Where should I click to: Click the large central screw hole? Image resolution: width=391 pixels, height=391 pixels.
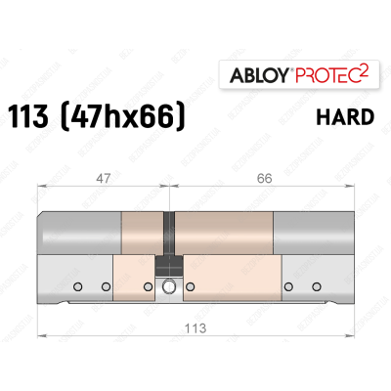click(171, 287)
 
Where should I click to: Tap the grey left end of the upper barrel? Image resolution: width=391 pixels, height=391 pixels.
click(78, 234)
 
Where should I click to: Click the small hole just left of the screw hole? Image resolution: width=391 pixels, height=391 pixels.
click(149, 287)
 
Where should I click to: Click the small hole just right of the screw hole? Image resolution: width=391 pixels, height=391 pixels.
click(194, 287)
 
